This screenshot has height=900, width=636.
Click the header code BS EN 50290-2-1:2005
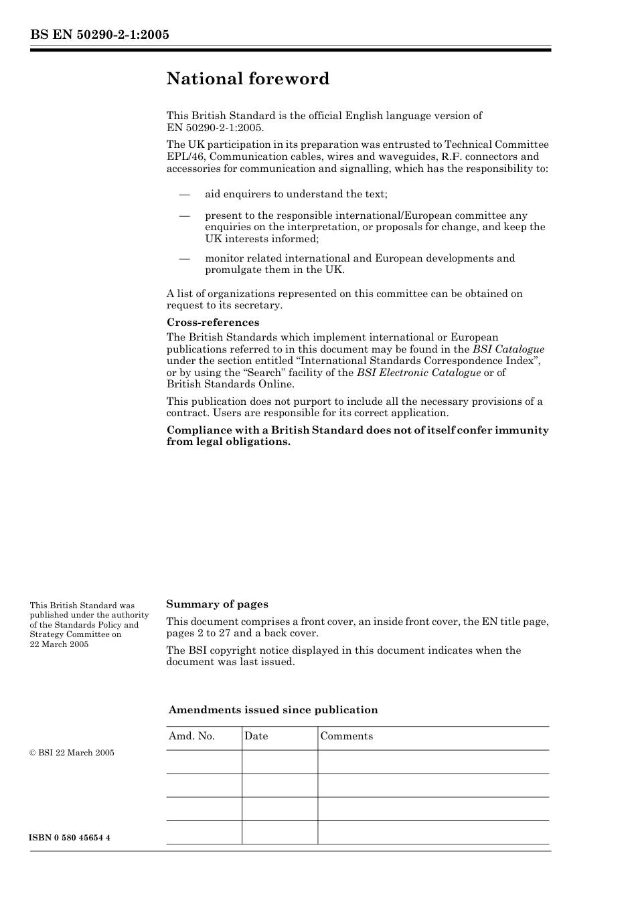pos(99,35)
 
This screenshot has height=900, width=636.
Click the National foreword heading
pos(248,79)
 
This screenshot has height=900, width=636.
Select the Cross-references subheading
pos(213,323)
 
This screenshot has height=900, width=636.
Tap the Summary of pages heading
pos(217,604)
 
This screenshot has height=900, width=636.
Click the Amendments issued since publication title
pos(273,710)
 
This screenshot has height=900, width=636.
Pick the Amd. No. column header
pos(191,736)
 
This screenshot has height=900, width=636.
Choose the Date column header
pos(256,736)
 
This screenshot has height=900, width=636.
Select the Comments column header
pos(346,736)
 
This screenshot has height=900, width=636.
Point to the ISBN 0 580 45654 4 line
pos(70,838)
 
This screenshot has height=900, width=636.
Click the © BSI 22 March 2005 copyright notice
pos(72,753)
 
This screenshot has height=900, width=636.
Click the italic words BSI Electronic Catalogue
pos(418,373)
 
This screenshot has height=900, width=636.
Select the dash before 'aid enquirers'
pos(185,194)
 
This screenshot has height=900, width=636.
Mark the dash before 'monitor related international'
pos(185,258)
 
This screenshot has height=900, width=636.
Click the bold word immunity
pos(522,430)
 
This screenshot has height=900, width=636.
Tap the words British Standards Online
pos(230,384)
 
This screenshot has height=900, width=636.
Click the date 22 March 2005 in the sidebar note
pos(59,644)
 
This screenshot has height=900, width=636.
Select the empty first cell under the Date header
pos(279,762)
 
